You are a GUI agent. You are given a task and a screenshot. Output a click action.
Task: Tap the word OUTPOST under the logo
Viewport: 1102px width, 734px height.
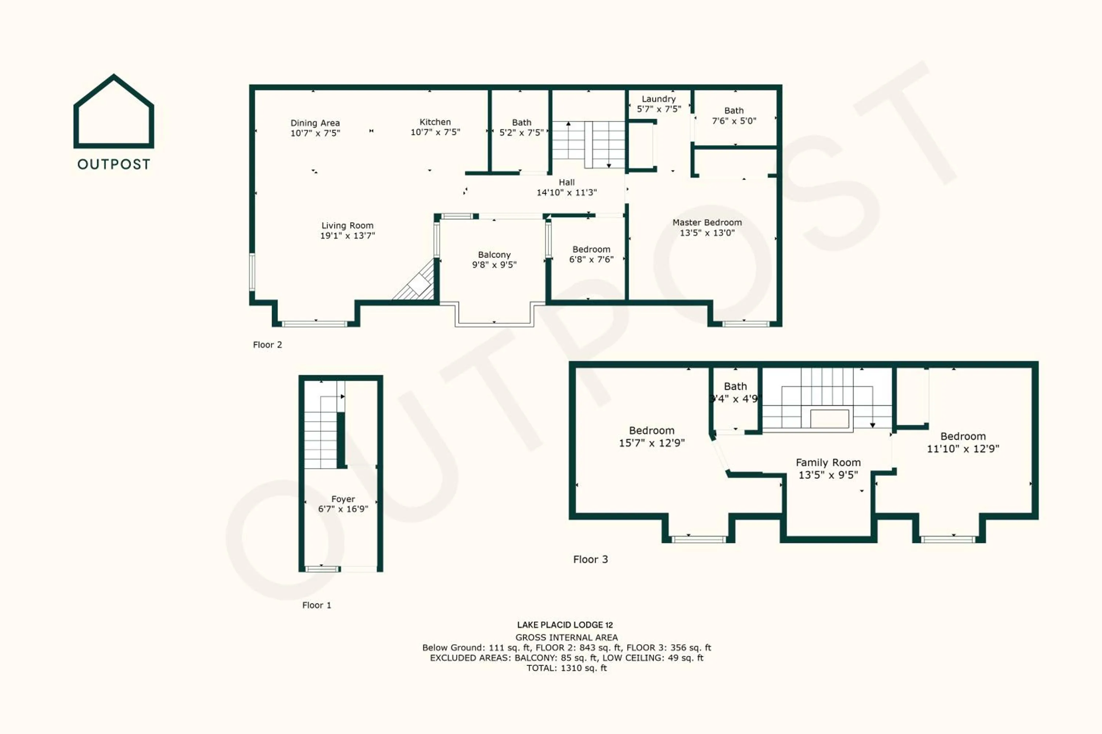click(x=114, y=164)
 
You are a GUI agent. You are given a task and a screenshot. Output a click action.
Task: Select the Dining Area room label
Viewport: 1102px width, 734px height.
click(x=315, y=123)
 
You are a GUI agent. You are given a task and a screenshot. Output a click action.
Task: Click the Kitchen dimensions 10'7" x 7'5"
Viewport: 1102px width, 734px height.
click(x=435, y=132)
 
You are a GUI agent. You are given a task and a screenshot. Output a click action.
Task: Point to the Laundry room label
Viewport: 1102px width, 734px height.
click(x=658, y=99)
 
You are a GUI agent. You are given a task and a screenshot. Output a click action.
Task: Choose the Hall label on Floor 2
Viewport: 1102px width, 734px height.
click(x=566, y=182)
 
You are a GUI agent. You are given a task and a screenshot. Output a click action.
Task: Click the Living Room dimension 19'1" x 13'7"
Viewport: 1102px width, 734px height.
click(x=347, y=236)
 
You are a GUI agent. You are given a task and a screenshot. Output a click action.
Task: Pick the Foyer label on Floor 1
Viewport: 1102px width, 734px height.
click(x=343, y=499)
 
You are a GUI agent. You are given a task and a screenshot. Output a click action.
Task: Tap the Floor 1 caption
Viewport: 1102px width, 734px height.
click(x=316, y=605)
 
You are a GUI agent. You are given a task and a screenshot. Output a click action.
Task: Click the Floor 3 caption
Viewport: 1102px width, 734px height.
click(x=590, y=559)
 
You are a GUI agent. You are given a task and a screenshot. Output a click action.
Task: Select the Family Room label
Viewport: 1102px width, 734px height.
click(x=828, y=462)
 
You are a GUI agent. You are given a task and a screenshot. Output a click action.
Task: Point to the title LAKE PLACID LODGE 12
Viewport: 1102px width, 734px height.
click(x=565, y=625)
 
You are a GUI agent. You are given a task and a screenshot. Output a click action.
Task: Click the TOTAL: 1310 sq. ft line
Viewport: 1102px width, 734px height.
click(x=566, y=668)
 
